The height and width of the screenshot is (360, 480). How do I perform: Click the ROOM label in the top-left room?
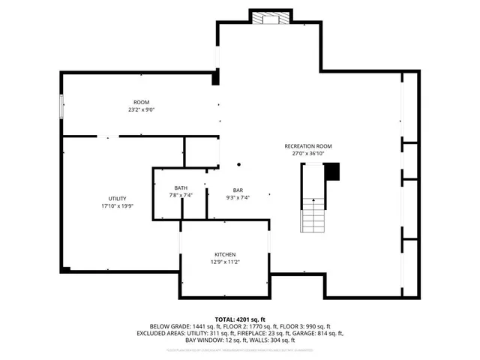tap(141, 102)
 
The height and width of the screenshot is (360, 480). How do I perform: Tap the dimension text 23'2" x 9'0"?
tap(141, 110)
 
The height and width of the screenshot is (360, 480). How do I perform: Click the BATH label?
tap(181, 188)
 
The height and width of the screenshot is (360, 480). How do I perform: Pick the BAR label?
tap(238, 190)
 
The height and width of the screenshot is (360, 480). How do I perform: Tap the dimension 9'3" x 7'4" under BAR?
tap(238, 198)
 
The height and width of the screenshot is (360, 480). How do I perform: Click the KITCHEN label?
tap(226, 254)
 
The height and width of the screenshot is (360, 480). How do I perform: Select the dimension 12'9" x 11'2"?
tap(226, 262)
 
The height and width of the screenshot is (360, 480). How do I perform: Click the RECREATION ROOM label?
tap(307, 145)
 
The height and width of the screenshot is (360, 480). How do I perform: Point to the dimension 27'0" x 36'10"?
tap(307, 154)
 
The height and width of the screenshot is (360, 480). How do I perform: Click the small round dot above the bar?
tap(239, 164)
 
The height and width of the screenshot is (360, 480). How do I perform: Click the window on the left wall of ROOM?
tap(61, 106)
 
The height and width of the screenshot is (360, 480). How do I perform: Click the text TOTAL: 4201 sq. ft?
tap(240, 319)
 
